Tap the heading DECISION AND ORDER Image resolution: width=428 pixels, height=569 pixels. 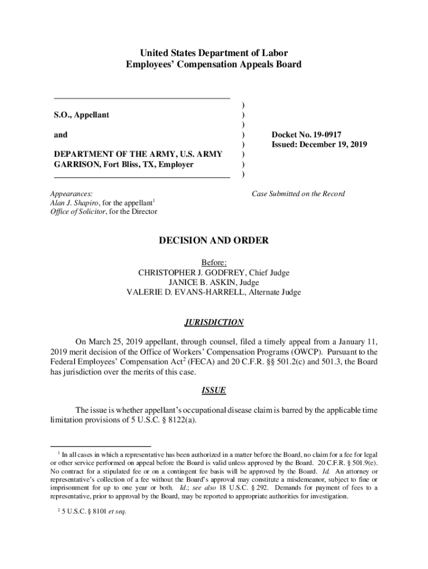click(x=214, y=241)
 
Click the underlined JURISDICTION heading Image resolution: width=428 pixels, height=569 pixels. click(x=213, y=322)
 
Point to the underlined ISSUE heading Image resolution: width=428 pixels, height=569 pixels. click(x=213, y=390)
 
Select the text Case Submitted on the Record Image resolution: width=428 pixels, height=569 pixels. click(x=298, y=194)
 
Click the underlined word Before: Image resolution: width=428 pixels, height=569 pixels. click(x=214, y=262)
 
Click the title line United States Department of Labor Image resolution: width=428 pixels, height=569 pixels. click(x=214, y=53)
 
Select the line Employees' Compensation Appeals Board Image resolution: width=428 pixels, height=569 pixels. click(x=214, y=64)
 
